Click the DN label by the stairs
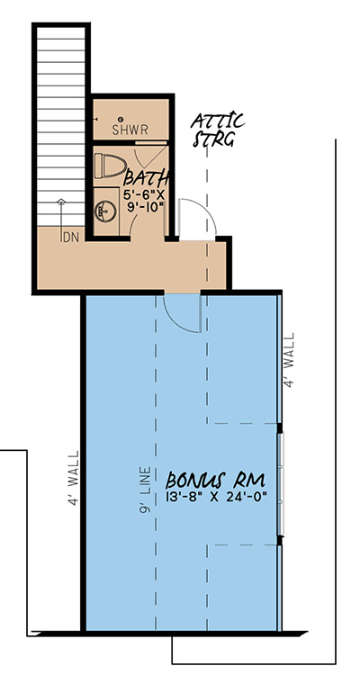tap(70, 238)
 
